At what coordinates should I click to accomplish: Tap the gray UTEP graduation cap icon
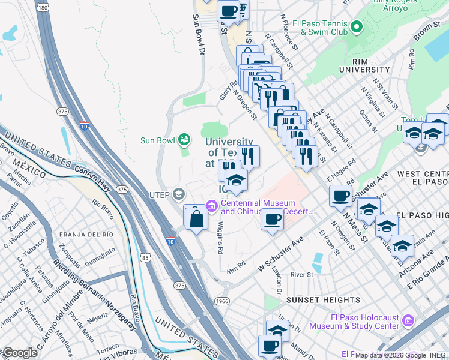point(178,194)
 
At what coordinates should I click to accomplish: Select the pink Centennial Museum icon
point(211,206)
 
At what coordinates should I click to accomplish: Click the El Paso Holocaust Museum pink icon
point(408,320)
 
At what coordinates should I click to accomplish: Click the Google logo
point(19,353)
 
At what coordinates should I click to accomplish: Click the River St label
point(302,275)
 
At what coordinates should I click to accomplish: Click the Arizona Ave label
point(418,265)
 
